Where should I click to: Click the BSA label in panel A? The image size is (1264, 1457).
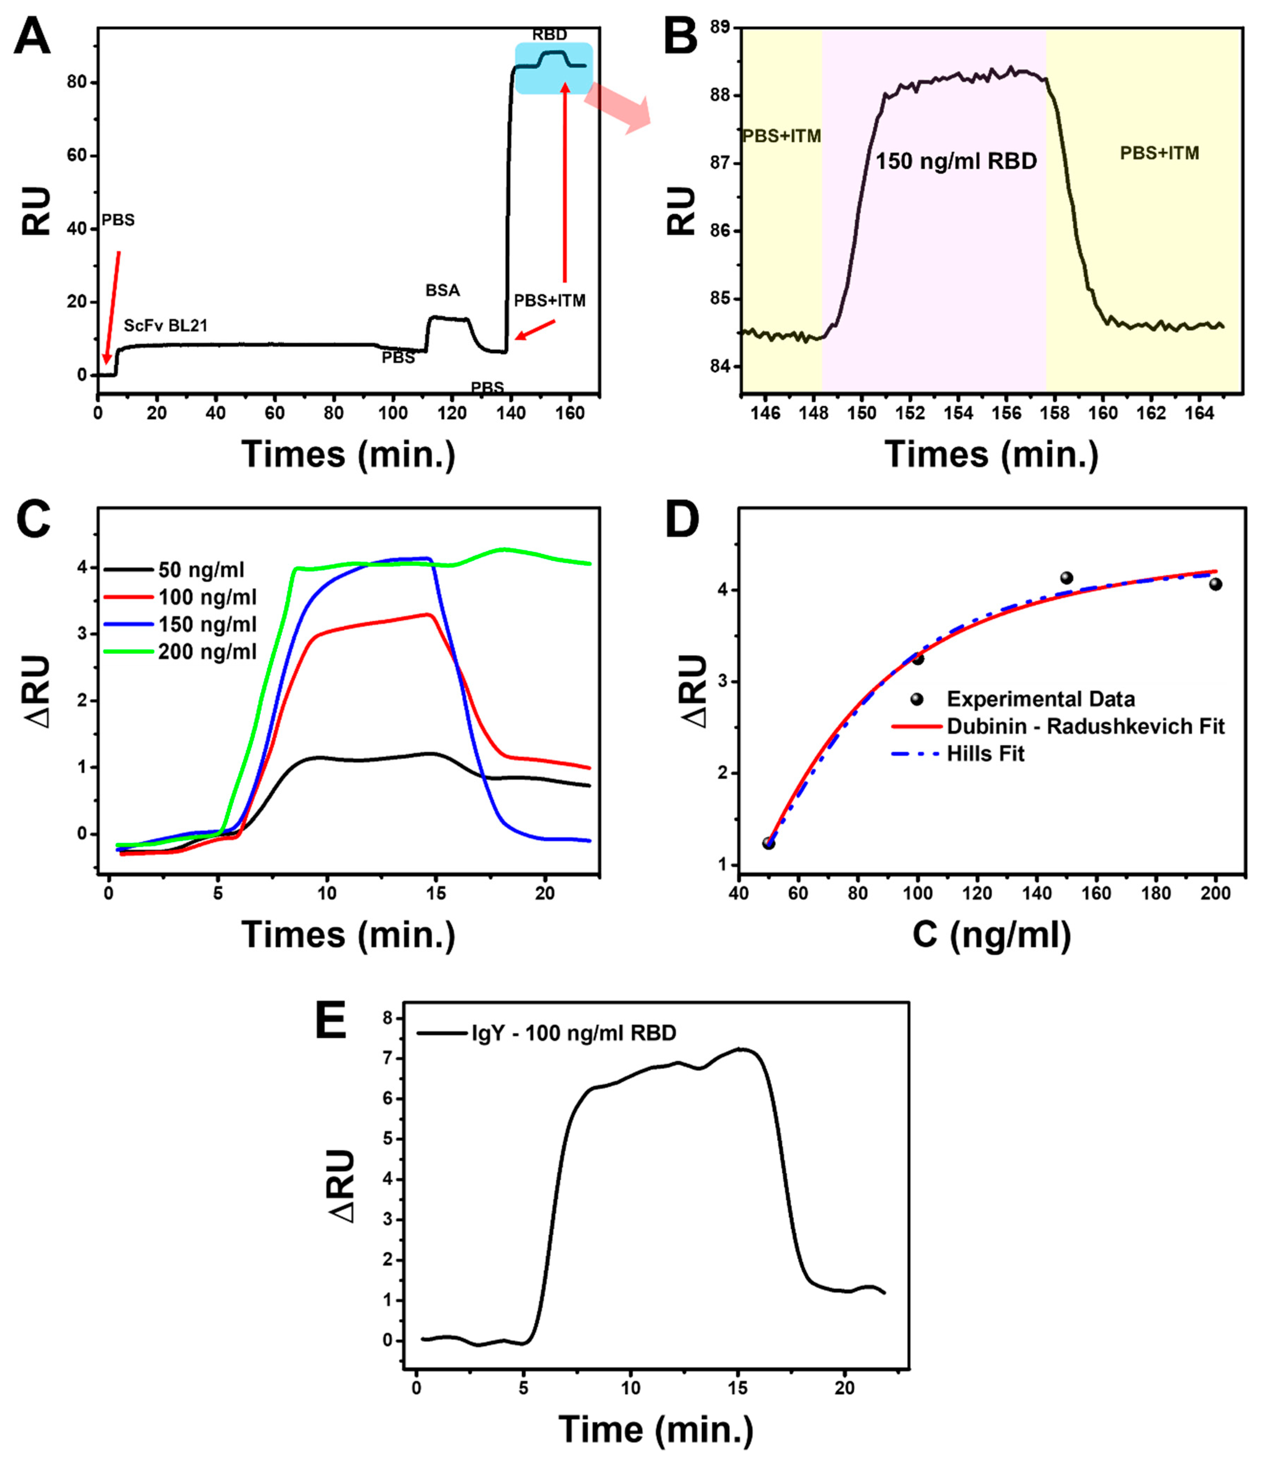click(442, 290)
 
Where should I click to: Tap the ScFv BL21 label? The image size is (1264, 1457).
click(166, 325)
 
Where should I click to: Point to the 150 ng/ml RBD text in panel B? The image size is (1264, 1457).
click(956, 162)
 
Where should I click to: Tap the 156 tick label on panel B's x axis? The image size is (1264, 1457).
click(1006, 413)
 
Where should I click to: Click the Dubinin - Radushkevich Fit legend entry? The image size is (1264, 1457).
click(1085, 726)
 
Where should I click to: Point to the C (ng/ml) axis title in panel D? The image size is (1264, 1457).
click(991, 935)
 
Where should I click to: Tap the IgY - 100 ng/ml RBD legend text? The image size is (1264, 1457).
click(573, 1033)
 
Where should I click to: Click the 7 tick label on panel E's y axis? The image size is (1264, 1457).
click(386, 1058)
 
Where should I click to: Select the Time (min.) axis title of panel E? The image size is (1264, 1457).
click(656, 1429)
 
